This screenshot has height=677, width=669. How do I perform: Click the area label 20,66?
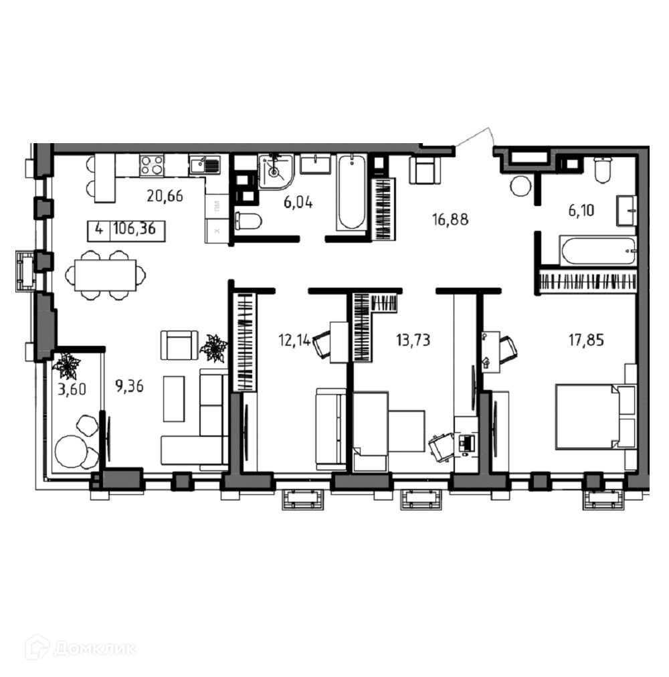tap(165, 197)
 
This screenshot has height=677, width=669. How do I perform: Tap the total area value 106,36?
tap(134, 228)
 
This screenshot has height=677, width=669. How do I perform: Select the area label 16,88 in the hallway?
tap(450, 219)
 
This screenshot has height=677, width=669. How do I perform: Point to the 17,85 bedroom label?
tap(586, 341)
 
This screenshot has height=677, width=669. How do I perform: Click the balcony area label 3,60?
tap(72, 389)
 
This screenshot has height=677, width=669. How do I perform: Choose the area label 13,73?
tap(413, 341)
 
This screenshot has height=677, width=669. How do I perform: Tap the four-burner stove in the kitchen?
tap(152, 165)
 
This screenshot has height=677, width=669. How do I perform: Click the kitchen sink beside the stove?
tap(204, 165)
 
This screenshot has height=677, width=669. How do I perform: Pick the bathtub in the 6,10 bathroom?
tap(597, 250)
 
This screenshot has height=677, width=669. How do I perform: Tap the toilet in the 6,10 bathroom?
tap(602, 170)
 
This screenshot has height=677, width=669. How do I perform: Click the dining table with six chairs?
tap(106, 275)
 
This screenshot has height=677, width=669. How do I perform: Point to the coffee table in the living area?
tap(174, 399)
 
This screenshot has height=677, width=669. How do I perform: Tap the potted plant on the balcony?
tap(66, 366)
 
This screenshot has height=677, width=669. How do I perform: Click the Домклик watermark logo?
tap(80, 648)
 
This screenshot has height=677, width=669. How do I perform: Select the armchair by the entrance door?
tap(425, 170)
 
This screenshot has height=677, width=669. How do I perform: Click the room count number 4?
tap(99, 228)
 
